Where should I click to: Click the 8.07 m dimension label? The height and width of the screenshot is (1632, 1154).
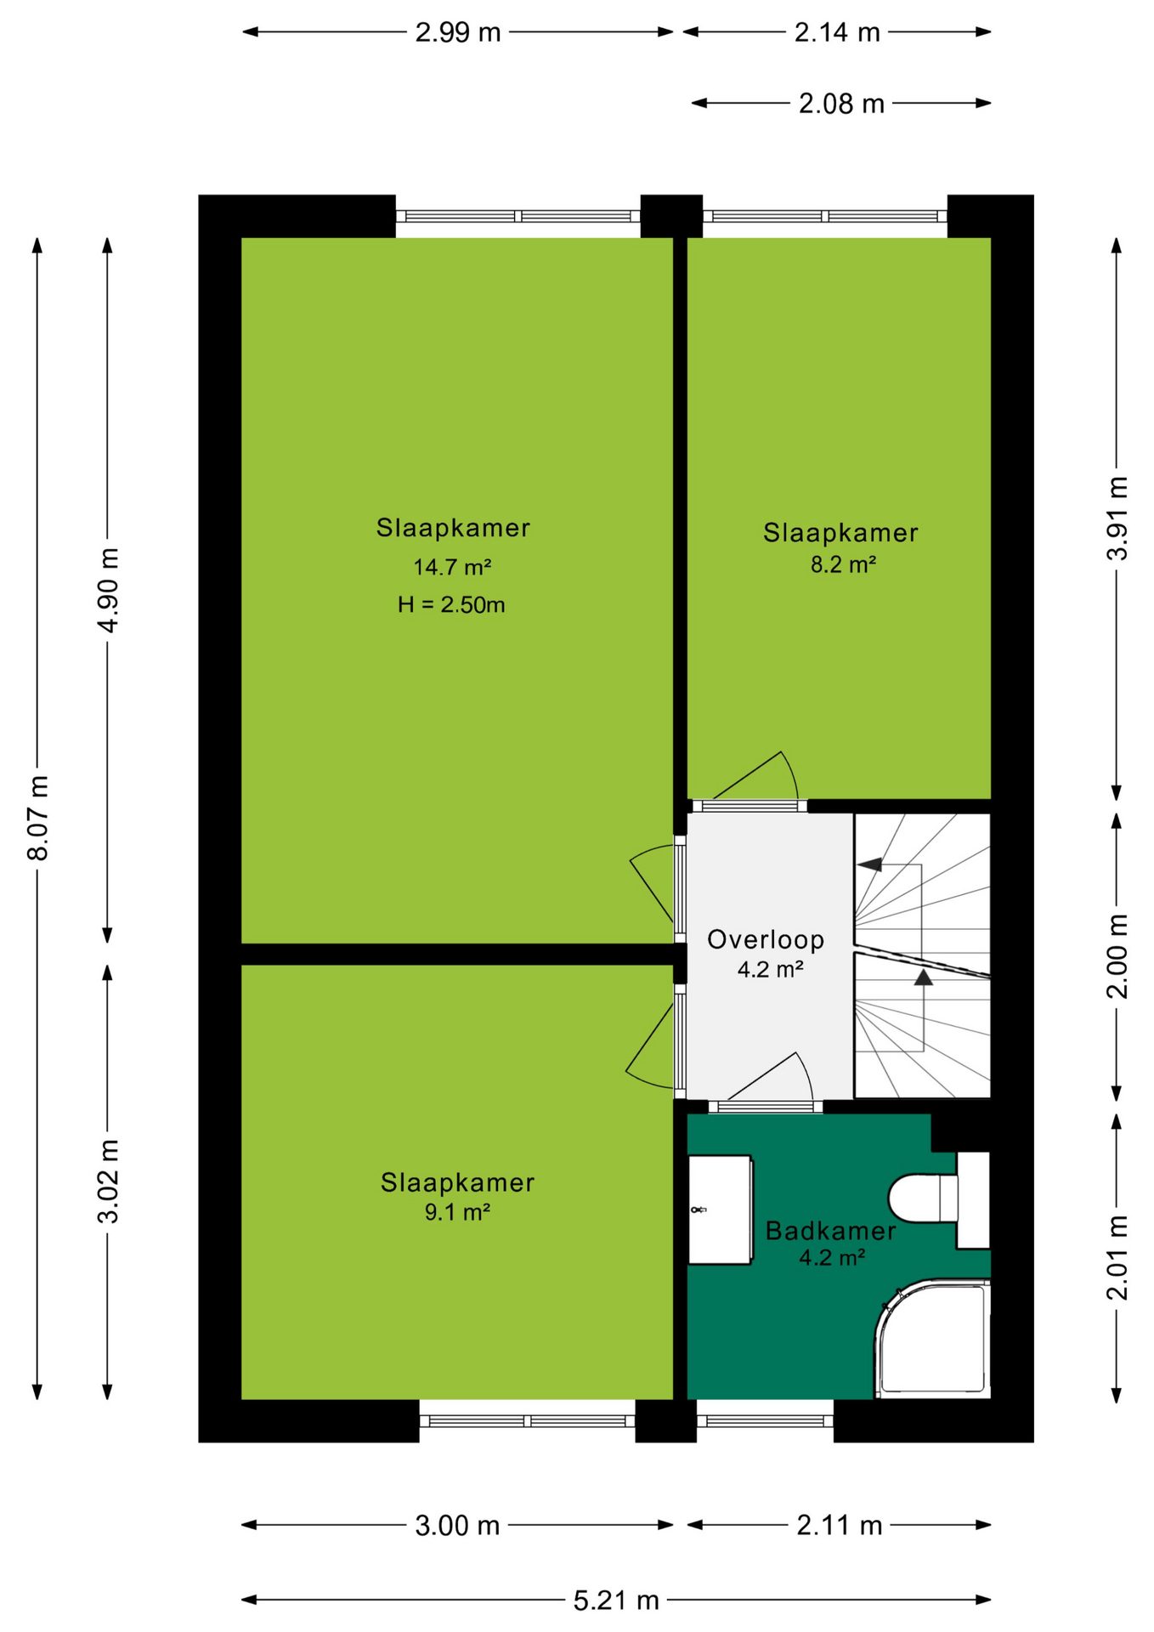[x=38, y=817]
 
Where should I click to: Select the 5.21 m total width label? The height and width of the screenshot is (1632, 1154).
[x=616, y=1601]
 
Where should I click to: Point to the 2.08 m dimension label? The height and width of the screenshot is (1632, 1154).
[x=841, y=104]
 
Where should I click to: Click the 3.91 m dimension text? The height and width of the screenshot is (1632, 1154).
[x=1117, y=518]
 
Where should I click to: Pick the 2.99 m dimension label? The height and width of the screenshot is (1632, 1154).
[x=458, y=32]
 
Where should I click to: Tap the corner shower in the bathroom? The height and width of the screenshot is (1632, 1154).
[x=933, y=1339]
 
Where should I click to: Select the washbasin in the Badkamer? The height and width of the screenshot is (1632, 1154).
[x=721, y=1209]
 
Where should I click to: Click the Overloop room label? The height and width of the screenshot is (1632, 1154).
[x=766, y=939]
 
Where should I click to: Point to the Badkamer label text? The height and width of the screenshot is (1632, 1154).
[x=830, y=1231]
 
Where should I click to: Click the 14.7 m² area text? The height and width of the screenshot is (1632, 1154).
[x=452, y=567]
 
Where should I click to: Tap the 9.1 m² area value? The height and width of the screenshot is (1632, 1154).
[x=457, y=1212]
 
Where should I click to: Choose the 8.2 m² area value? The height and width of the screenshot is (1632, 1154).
[x=843, y=564]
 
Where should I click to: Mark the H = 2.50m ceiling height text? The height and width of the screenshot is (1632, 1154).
[x=451, y=605]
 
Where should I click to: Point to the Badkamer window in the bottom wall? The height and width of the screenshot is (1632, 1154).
[x=765, y=1421]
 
